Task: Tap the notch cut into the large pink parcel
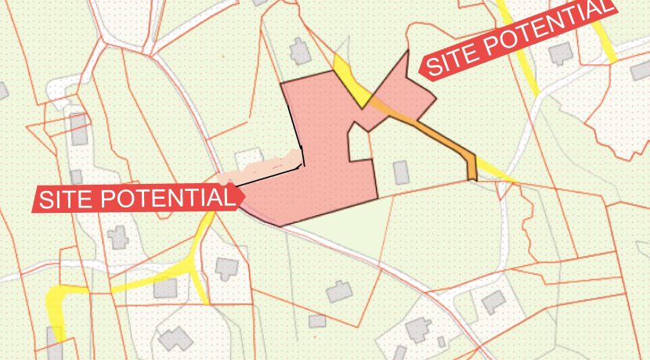coord(360,144)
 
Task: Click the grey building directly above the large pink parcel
coord(300,52)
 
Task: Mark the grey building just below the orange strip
coord(401,171)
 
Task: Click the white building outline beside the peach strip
coord(249,158)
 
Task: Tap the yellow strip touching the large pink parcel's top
coord(352,82)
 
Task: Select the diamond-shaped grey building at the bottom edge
coord(174,339)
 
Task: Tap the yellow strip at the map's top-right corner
coord(603,39)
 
